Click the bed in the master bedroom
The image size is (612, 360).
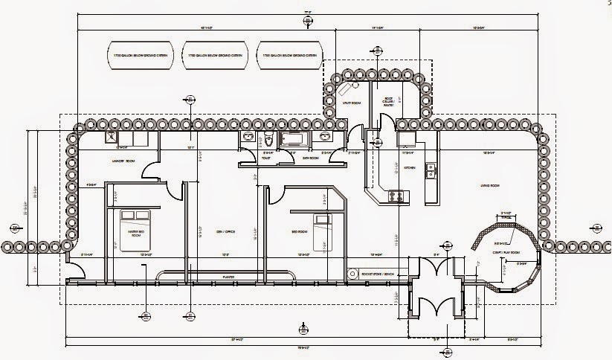(x=136, y=224)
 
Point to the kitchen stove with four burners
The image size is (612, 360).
(x=395, y=196)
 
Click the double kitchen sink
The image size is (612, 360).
(x=430, y=171)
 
